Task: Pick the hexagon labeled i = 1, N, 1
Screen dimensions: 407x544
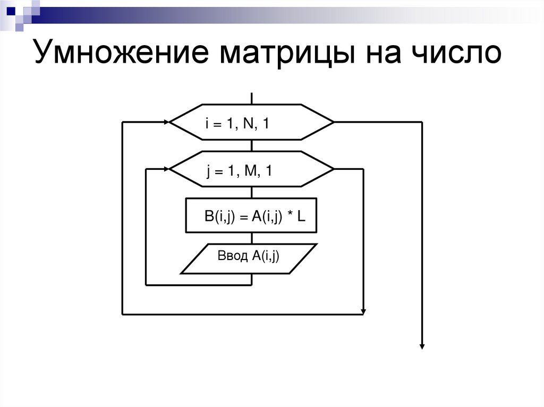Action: point(251,123)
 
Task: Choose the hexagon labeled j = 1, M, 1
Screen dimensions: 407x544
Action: point(251,169)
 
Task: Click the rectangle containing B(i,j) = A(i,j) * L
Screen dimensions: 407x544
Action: point(251,215)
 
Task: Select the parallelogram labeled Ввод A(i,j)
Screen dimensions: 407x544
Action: point(249,258)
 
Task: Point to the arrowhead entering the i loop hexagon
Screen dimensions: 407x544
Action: point(166,123)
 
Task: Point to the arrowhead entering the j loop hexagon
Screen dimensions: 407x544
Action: point(166,169)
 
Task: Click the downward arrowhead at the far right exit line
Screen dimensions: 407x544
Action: point(422,345)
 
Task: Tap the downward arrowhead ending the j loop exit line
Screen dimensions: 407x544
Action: point(363,310)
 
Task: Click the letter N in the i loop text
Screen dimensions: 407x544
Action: point(247,124)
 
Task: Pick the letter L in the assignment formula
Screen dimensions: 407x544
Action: point(301,217)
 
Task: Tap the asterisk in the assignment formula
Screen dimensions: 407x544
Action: point(289,215)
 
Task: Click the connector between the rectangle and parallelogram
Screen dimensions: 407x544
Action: point(251,238)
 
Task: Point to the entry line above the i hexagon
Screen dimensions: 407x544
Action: point(251,98)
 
